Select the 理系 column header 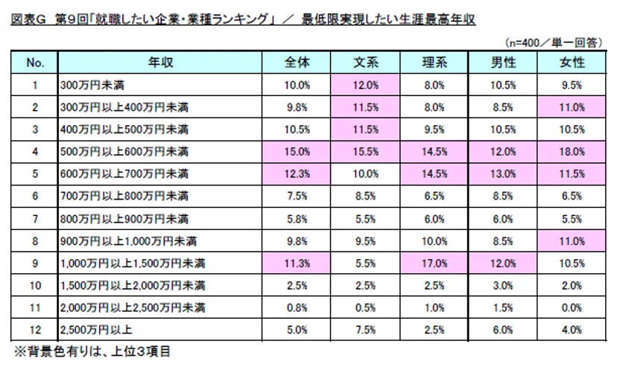click(434, 63)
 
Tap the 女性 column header click(572, 63)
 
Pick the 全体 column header click(297, 63)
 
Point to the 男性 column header click(502, 63)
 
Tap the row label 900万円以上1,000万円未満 click(119, 240)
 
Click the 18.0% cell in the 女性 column click(572, 151)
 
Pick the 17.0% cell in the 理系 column click(434, 263)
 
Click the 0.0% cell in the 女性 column click(572, 307)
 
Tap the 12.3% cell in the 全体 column click(297, 173)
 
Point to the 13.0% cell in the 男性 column click(502, 173)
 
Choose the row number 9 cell click(34, 263)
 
